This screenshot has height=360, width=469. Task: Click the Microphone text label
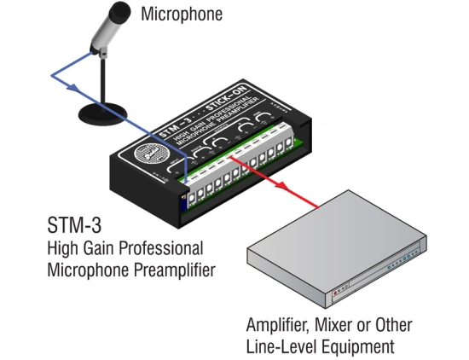pyautogui.click(x=181, y=14)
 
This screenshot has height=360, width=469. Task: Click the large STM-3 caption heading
pyautogui.click(x=67, y=229)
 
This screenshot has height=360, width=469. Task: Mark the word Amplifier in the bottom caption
pyautogui.click(x=278, y=325)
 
